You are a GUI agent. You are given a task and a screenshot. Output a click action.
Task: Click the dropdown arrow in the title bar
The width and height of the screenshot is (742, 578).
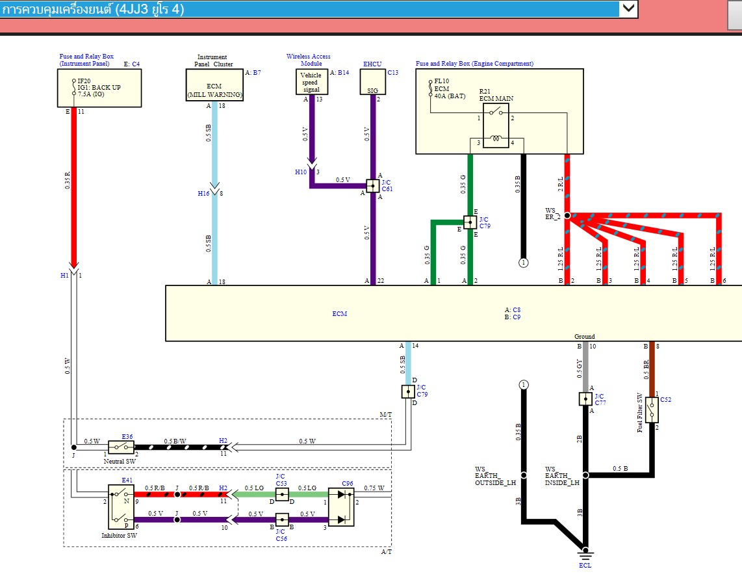(x=628, y=8)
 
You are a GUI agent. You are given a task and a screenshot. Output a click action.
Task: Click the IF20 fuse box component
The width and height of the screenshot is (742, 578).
(x=99, y=88)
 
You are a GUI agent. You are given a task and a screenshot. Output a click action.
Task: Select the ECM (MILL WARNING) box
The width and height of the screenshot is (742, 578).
(x=214, y=85)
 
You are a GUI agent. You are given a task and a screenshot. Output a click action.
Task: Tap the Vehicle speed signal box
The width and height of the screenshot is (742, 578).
(x=311, y=83)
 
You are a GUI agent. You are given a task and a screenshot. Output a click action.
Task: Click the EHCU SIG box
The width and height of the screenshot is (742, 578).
(x=373, y=83)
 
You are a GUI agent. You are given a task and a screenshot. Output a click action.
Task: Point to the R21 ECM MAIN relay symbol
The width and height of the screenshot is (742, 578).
(x=496, y=124)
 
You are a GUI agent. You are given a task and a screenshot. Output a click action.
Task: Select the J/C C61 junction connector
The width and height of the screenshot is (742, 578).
(x=372, y=185)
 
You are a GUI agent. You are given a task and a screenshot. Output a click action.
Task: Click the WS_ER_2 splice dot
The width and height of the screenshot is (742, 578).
(x=567, y=215)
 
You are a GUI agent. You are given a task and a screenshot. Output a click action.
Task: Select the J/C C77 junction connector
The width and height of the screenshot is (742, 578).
(x=585, y=399)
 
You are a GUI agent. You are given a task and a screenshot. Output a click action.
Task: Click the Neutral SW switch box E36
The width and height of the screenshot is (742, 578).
(x=121, y=447)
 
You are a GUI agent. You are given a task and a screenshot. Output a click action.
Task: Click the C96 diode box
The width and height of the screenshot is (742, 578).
(x=340, y=507)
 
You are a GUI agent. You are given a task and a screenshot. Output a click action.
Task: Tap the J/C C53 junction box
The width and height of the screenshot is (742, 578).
(x=281, y=495)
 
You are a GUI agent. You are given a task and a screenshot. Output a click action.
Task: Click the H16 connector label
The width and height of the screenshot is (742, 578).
(x=203, y=193)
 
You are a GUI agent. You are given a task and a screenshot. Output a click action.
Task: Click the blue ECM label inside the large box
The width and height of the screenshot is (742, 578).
(x=339, y=314)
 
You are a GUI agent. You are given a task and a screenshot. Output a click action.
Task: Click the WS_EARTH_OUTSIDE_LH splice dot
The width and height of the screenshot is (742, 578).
(x=523, y=475)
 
